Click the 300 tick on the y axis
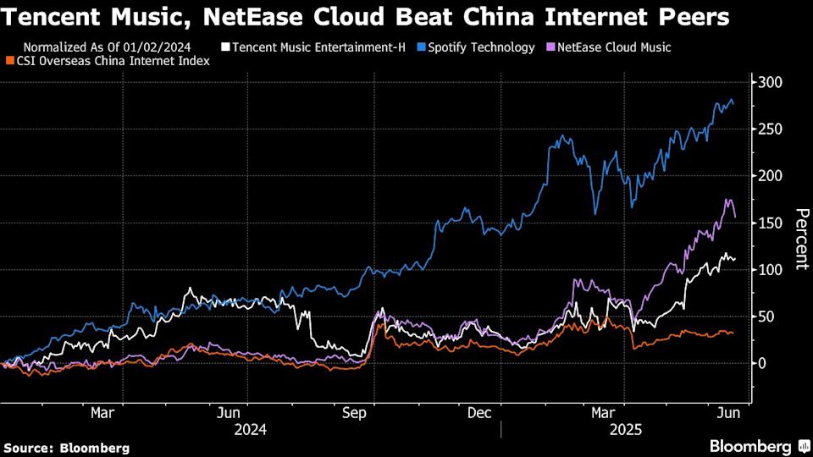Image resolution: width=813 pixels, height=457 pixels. click(x=770, y=83)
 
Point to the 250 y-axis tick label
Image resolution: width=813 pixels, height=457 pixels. click(x=770, y=129)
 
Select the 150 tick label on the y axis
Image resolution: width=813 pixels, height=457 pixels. click(x=770, y=223)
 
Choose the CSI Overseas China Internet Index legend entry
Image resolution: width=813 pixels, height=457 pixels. click(x=110, y=61)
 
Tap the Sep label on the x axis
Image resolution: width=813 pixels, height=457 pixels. click(x=354, y=413)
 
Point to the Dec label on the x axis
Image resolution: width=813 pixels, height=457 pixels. click(x=480, y=413)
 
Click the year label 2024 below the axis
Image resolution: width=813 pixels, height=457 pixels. click(x=250, y=429)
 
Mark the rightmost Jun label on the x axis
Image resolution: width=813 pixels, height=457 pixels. click(x=729, y=413)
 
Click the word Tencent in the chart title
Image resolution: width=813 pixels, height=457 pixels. click(x=47, y=16)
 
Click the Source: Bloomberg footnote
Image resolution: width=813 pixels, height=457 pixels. click(x=67, y=447)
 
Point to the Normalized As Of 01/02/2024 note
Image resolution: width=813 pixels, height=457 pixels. click(x=107, y=47)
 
